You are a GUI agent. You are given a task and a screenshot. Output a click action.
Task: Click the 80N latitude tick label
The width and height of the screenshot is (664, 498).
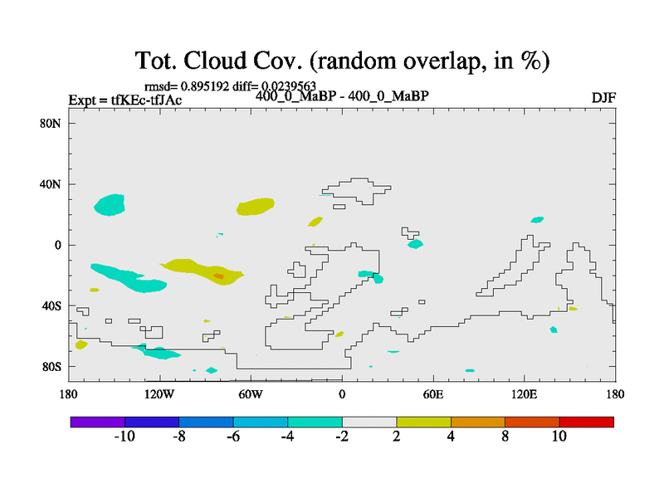click(51, 124)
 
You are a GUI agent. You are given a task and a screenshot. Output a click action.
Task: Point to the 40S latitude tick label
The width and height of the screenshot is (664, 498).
click(51, 305)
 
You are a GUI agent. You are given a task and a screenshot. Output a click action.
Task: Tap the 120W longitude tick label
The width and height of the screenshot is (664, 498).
click(159, 395)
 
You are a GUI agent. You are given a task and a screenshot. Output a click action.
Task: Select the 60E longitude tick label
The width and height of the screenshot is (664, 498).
click(433, 395)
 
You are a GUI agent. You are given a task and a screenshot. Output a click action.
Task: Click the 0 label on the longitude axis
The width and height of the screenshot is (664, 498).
click(342, 395)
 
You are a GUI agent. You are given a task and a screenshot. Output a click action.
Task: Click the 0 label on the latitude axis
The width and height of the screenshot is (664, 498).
click(57, 245)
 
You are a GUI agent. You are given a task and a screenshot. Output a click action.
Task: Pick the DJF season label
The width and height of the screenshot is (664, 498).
click(603, 98)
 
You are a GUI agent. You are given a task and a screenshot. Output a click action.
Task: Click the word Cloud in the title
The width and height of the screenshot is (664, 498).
click(215, 61)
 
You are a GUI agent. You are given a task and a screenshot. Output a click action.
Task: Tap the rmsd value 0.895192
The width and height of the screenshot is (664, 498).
click(205, 86)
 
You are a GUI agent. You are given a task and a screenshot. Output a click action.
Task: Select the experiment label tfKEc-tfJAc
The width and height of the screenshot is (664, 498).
click(147, 100)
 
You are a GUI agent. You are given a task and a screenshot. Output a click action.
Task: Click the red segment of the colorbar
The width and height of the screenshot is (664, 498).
click(587, 422)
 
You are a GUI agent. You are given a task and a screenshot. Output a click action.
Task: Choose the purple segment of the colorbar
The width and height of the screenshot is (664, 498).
click(98, 422)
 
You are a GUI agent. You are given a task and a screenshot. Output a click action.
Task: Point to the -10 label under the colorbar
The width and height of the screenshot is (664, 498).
click(124, 437)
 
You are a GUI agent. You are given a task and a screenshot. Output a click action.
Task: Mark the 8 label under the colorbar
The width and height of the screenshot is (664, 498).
click(505, 437)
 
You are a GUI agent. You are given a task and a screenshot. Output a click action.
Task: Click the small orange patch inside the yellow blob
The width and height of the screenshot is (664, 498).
click(218, 276)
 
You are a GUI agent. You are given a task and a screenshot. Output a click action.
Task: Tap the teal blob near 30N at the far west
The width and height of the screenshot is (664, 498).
click(110, 205)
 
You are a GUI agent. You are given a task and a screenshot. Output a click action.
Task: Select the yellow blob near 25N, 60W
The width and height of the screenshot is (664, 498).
click(256, 207)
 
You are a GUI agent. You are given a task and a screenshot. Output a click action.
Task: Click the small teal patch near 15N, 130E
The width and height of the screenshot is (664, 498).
click(537, 220)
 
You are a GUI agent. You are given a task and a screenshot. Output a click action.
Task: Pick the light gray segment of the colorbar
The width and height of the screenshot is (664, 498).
click(369, 422)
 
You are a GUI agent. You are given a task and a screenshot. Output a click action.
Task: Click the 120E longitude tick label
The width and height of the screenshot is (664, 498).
click(525, 395)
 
